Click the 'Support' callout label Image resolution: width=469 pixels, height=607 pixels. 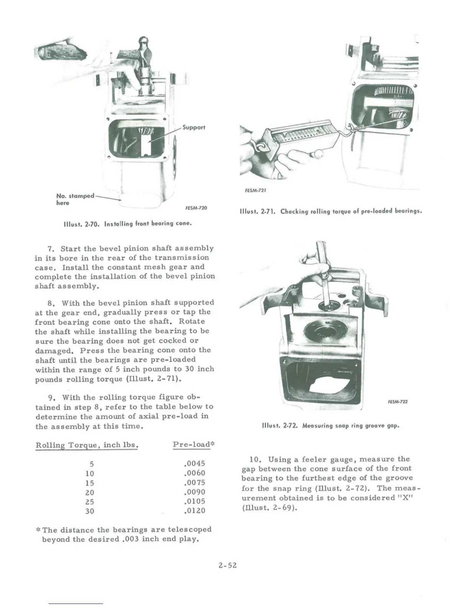194,127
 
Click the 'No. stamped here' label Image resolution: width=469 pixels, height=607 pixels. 75,199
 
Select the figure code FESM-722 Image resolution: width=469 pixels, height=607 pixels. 397,402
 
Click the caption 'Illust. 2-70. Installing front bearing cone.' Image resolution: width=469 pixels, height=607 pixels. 128,223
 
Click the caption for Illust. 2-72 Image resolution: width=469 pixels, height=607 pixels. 331,425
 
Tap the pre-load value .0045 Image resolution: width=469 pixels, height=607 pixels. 195,464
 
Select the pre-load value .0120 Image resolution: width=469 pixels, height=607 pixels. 195,510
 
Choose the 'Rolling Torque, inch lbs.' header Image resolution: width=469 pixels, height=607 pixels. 87,445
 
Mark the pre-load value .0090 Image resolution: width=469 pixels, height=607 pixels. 195,492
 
